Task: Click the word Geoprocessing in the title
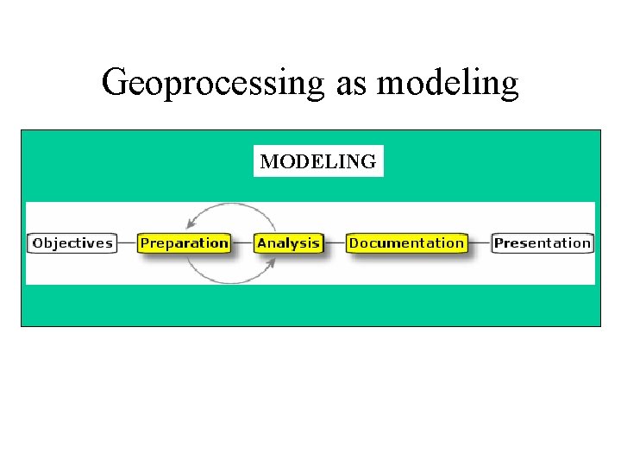[x=211, y=84]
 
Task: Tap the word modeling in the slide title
[x=448, y=84]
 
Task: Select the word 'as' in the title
[x=349, y=85]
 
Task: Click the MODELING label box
[x=318, y=161]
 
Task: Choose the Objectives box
[x=72, y=243]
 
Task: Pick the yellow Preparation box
[x=185, y=243]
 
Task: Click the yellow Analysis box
[x=289, y=243]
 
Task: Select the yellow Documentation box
[x=406, y=243]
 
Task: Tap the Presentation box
[x=543, y=243]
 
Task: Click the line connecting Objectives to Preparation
[x=127, y=243]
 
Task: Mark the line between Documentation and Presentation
[x=479, y=243]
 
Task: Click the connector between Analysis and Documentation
[x=335, y=243]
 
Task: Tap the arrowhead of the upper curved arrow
[x=191, y=225]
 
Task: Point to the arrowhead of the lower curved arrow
[x=271, y=262]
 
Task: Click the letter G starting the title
[x=114, y=83]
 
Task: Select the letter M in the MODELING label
[x=268, y=161]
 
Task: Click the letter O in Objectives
[x=38, y=243]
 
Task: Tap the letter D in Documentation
[x=354, y=243]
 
